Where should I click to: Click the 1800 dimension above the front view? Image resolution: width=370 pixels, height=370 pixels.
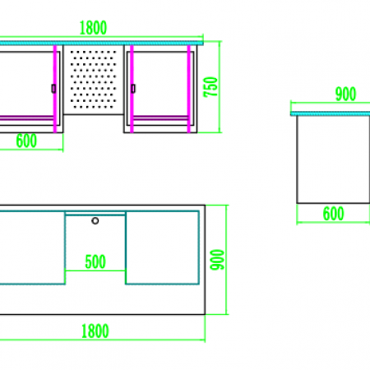tap(93, 28)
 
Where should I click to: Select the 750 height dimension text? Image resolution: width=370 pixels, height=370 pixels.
tap(210, 87)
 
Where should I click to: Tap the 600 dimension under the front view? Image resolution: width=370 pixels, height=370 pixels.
tap(26, 141)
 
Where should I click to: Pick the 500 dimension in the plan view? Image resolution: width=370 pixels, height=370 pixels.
tap(95, 261)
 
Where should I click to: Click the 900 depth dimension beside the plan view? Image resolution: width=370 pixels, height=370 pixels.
tap(217, 260)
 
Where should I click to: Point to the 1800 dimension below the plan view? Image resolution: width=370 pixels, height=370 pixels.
tap(95, 331)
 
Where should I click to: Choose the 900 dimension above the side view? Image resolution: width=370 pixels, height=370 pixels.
tap(345, 94)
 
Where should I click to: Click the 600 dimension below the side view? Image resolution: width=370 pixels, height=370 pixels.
tap(333, 214)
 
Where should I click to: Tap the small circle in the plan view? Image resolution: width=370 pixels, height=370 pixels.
tap(95, 220)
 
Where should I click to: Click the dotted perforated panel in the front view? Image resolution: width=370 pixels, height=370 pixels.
tap(94, 79)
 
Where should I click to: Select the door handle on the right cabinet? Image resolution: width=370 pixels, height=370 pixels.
tap(133, 89)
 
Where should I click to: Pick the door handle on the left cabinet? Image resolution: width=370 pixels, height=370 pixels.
tap(53, 89)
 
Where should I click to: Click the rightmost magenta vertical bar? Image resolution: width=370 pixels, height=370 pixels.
tap(189, 89)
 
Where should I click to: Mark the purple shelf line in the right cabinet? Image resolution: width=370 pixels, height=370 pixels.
tap(160, 118)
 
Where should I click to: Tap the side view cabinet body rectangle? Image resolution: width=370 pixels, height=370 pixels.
tap(333, 160)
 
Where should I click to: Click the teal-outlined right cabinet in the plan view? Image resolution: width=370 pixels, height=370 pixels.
tap(162, 247)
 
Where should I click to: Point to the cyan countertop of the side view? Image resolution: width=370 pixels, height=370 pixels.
tap(331, 113)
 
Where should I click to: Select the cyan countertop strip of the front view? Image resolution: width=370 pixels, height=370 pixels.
tap(101, 43)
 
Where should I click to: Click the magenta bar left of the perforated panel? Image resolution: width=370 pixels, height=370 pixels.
tap(55, 89)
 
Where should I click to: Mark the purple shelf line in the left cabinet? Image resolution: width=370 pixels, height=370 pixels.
tap(26, 118)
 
